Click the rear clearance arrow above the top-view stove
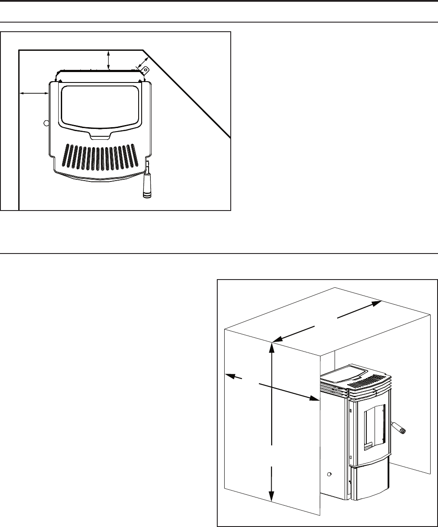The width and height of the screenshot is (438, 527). click(x=109, y=59)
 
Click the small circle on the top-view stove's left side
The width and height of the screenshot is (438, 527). click(x=46, y=123)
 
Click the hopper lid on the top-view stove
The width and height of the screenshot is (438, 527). click(x=100, y=106)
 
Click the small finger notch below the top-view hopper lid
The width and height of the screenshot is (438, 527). click(x=100, y=136)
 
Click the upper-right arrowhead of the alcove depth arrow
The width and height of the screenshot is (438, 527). click(x=377, y=304)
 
